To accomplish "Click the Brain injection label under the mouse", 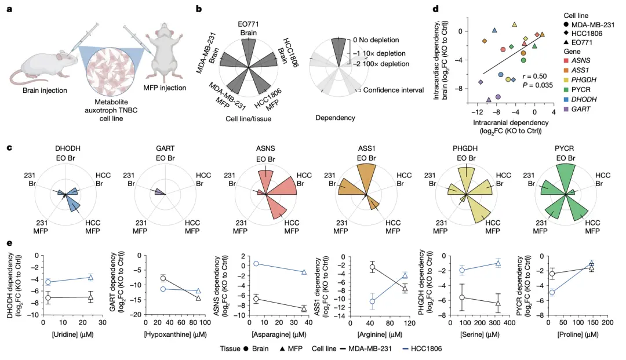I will coord(45,90).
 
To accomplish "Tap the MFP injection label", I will coord(165,88).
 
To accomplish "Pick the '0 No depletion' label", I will coord(376,40).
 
